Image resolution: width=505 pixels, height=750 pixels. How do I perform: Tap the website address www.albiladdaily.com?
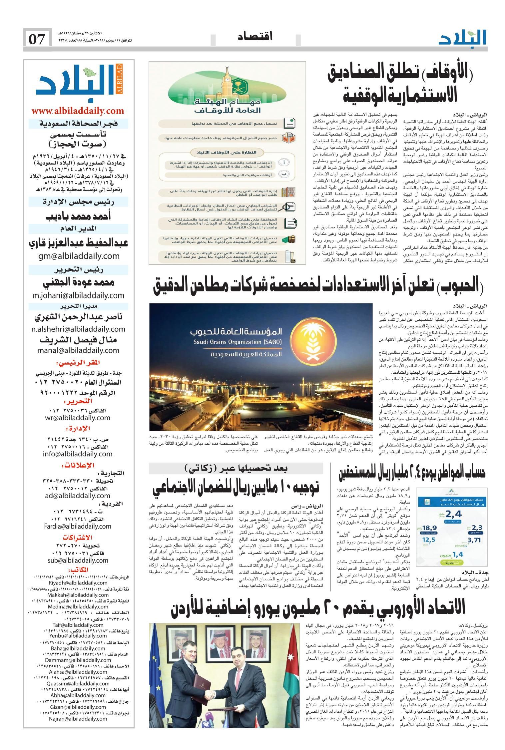point(78,111)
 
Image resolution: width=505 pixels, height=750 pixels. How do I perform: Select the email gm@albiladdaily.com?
point(78,256)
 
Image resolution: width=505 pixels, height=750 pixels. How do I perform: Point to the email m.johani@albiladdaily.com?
point(78,295)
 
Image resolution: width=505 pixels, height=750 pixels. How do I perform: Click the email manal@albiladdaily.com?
point(78,350)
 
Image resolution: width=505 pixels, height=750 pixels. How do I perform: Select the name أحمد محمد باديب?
point(78,216)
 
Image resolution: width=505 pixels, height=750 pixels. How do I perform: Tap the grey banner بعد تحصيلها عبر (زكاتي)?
point(236,468)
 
